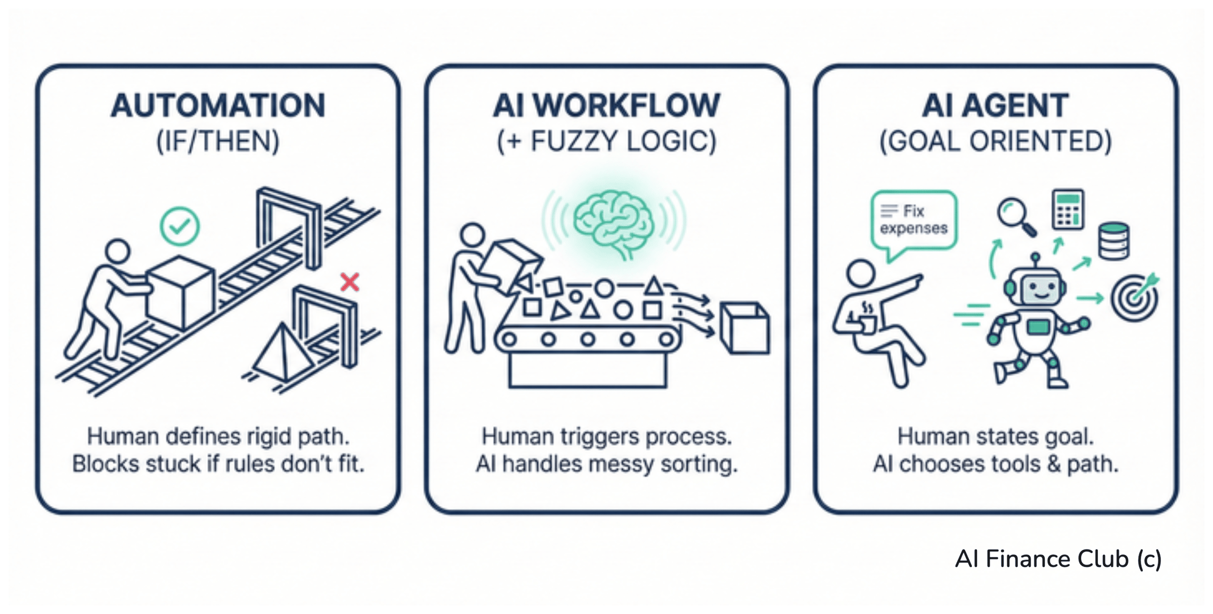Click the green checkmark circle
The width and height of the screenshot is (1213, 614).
click(179, 227)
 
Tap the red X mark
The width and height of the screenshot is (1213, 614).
click(350, 282)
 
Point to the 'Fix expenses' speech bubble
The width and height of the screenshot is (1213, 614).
click(914, 221)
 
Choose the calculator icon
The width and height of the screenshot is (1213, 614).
click(1067, 209)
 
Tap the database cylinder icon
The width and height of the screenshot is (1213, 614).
click(1114, 241)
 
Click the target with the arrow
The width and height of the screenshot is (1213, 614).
click(1135, 298)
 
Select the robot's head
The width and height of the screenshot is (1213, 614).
click(1036, 287)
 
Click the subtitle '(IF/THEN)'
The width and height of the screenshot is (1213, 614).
click(218, 141)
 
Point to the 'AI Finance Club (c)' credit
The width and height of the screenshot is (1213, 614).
click(1058, 559)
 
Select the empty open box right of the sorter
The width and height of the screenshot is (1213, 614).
click(744, 328)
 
